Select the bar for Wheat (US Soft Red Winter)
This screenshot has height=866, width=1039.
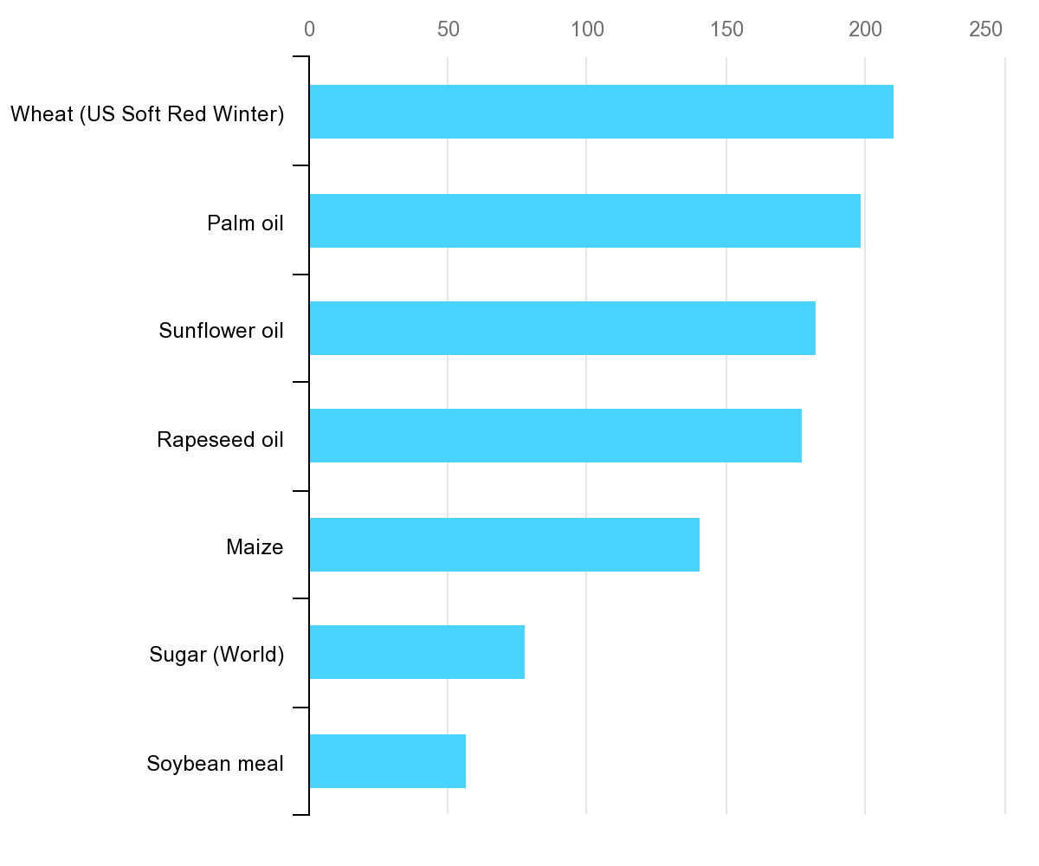click(601, 112)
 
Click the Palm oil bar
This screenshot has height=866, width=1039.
click(584, 221)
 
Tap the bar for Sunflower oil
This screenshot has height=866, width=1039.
click(562, 328)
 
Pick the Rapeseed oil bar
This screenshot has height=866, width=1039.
click(555, 436)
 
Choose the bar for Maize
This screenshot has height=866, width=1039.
click(504, 545)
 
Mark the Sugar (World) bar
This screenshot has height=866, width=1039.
click(416, 652)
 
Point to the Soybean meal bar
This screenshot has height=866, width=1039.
click(387, 761)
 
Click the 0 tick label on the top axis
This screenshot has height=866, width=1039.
click(309, 29)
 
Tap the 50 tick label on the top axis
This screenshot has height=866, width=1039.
click(448, 29)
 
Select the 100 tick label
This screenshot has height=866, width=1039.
click(587, 29)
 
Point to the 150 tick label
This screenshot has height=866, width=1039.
click(726, 29)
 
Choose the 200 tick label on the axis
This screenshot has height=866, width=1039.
click(865, 29)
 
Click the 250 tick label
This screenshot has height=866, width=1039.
click(986, 29)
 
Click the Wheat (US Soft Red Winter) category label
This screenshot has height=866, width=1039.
click(147, 114)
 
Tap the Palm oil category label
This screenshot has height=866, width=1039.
click(245, 223)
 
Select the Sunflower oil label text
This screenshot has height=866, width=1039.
click(221, 331)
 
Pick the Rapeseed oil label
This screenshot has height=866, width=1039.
click(220, 439)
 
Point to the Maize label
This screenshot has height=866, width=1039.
click(255, 547)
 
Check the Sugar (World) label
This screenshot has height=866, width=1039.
click(216, 655)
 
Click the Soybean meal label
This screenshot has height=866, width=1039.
click(215, 764)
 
